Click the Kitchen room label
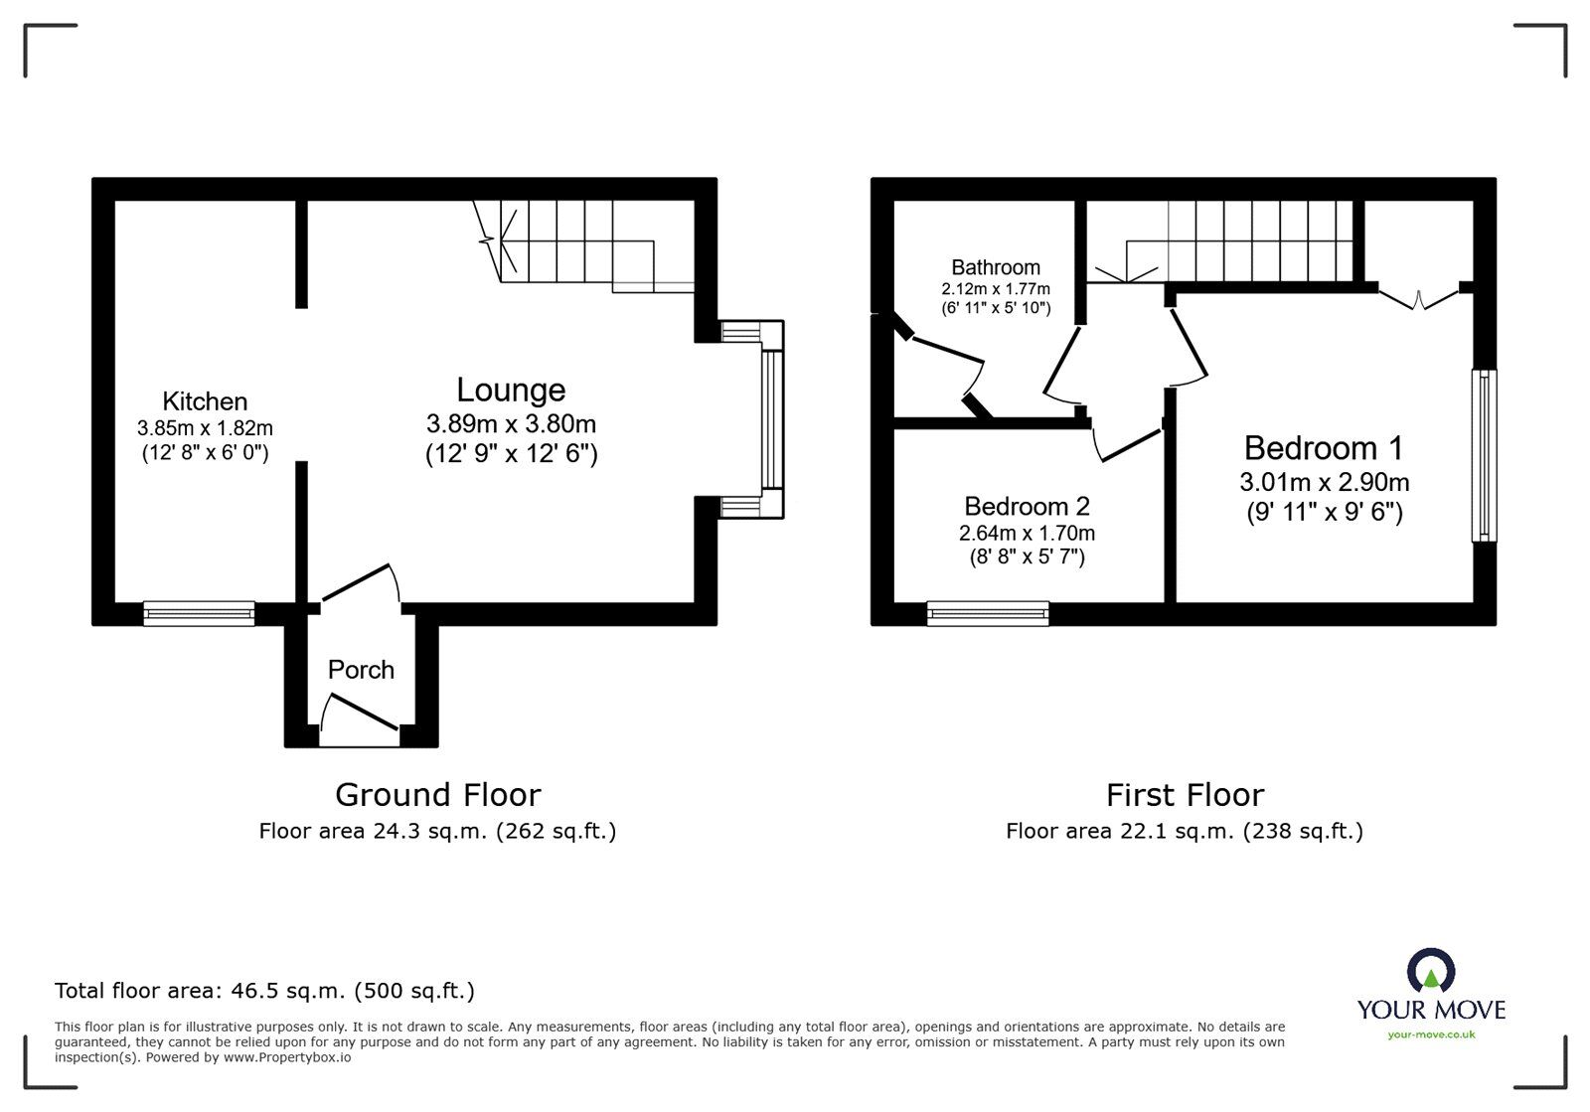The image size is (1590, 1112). (205, 401)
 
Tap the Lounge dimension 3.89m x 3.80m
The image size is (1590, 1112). (511, 424)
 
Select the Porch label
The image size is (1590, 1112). (361, 670)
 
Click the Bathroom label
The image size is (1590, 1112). (995, 267)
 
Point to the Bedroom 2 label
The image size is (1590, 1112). (1027, 506)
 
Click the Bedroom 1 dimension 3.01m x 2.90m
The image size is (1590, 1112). (1324, 483)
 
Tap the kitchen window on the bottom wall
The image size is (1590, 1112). (199, 613)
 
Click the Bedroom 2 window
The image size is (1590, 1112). (988, 613)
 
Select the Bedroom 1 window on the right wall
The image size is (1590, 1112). (1484, 455)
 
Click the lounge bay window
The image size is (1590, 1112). (772, 417)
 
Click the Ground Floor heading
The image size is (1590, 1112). (437, 795)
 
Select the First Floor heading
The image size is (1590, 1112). (1185, 795)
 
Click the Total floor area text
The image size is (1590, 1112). (264, 991)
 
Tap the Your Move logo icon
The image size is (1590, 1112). (1431, 971)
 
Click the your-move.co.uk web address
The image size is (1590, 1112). (1431, 1034)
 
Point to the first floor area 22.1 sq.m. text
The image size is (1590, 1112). (1184, 831)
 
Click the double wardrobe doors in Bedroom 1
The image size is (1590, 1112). (1419, 299)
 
